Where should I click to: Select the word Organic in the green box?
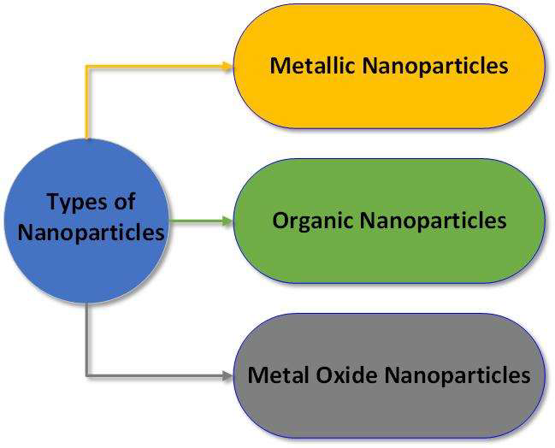313,221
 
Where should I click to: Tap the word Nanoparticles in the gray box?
458,375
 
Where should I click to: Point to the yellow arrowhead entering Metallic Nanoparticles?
227,66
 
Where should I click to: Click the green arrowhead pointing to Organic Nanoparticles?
227,221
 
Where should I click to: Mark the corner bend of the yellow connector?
87,66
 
